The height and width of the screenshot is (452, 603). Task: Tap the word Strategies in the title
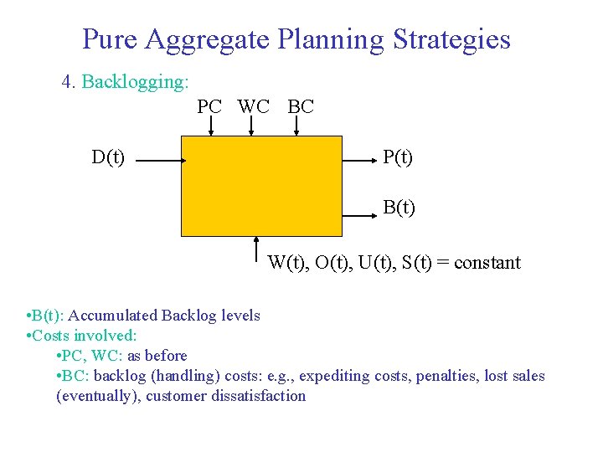(x=444, y=39)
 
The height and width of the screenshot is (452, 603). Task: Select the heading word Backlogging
(x=135, y=82)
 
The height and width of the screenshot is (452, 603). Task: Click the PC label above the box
(x=209, y=106)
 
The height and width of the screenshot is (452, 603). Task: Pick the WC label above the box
(x=254, y=106)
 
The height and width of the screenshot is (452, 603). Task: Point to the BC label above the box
(x=300, y=106)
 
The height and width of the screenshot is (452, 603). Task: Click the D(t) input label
(x=109, y=157)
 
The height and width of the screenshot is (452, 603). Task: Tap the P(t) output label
(x=397, y=157)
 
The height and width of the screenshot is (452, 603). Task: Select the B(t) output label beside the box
(x=399, y=207)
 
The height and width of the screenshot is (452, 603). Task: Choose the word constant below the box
(x=486, y=263)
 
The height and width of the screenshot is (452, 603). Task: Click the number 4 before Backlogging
(x=67, y=82)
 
